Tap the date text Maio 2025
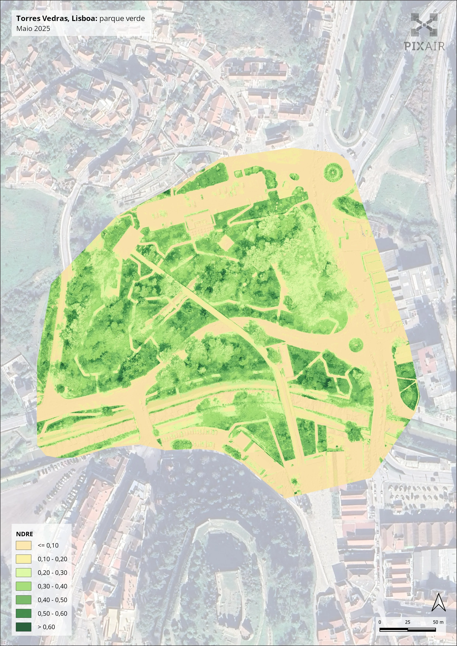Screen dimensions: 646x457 point(33,28)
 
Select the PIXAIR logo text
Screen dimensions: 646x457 point(424,46)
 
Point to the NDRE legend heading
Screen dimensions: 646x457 point(25,534)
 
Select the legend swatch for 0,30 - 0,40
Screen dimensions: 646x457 point(23,586)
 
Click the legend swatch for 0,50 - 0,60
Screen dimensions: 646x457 point(23,613)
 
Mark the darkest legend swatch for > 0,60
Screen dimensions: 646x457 point(23,627)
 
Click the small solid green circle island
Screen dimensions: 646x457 point(356,344)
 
